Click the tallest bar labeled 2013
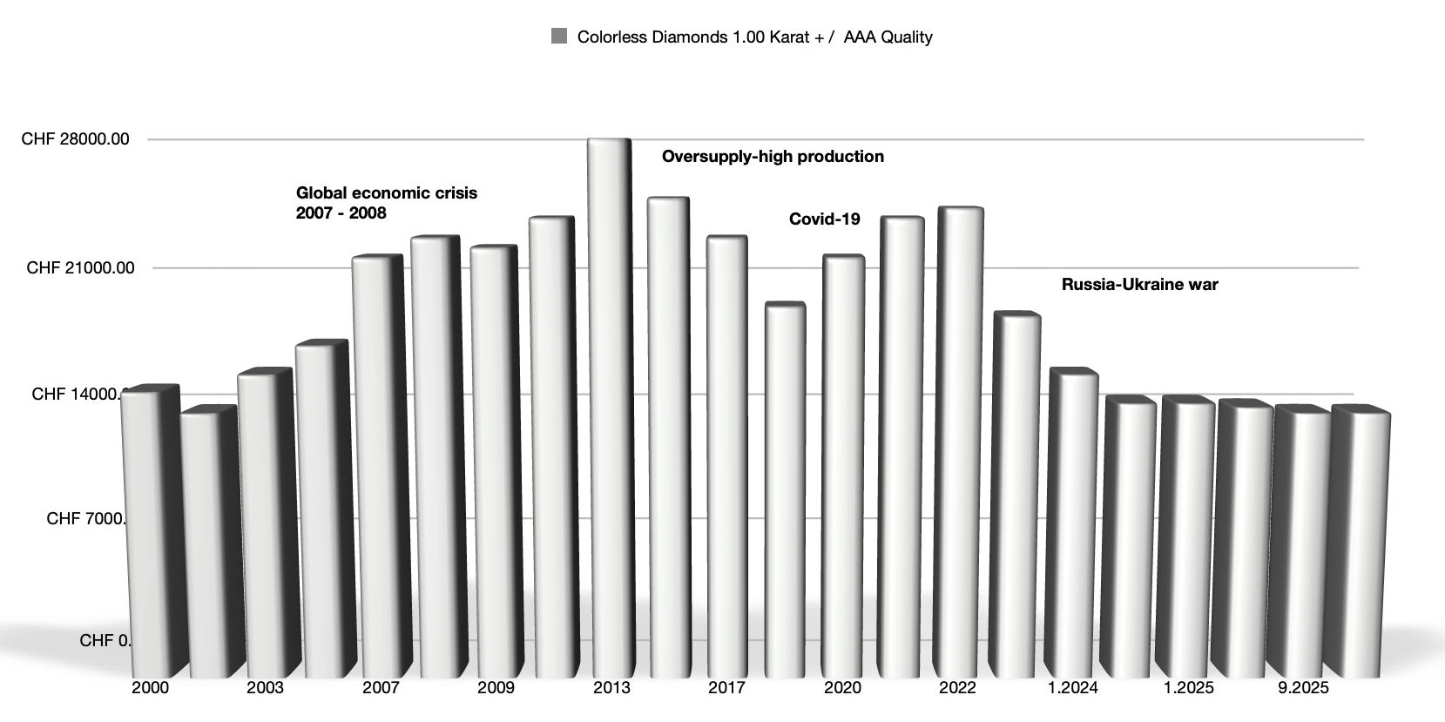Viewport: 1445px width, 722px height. click(x=609, y=401)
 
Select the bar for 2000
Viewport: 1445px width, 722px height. click(x=145, y=531)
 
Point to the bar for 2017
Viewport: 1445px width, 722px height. click(x=725, y=453)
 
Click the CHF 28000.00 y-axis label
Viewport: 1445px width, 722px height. click(x=76, y=139)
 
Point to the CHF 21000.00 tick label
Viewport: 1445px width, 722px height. click(x=81, y=267)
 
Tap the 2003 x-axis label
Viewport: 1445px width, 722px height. click(x=265, y=688)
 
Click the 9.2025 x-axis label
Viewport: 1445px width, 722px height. click(x=1303, y=688)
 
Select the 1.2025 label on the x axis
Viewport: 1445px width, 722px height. click(x=1188, y=688)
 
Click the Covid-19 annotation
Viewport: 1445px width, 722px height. click(x=824, y=219)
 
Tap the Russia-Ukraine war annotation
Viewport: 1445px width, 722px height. click(x=1139, y=284)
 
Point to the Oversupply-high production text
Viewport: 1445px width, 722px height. click(x=773, y=157)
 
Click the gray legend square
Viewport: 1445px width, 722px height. click(x=559, y=37)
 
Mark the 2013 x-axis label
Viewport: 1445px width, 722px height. click(x=611, y=688)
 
